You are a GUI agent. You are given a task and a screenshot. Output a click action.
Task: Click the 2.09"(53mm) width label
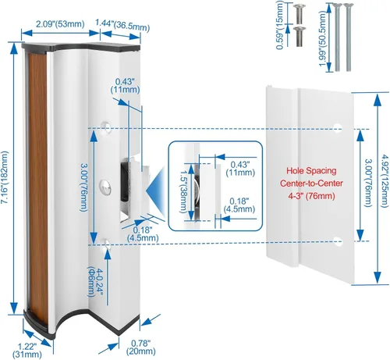pyautogui.click(x=60, y=24)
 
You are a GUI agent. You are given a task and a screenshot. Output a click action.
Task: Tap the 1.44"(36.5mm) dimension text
pyautogui.click(x=122, y=26)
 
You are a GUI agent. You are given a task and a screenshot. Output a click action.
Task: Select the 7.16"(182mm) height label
pyautogui.click(x=5, y=178)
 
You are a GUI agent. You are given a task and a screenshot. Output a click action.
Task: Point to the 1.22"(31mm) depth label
pyautogui.click(x=27, y=350)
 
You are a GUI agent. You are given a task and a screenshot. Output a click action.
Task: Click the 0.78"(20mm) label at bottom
pyautogui.click(x=141, y=348)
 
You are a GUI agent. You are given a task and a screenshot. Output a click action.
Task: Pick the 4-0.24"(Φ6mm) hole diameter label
pyautogui.click(x=96, y=282)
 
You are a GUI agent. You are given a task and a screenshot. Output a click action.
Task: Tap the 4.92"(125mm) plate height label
pyautogui.click(x=385, y=181)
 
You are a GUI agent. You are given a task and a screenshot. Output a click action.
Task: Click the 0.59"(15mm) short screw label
pyautogui.click(x=280, y=25)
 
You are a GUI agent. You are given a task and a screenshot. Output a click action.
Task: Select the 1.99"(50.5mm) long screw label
pyautogui.click(x=322, y=39)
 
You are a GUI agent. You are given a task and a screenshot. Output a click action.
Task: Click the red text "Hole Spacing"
pyautogui.click(x=311, y=171)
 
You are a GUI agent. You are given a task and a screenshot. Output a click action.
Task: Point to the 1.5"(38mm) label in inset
pyautogui.click(x=183, y=191)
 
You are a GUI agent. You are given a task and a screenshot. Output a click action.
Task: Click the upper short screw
pyautogui.click(x=299, y=13)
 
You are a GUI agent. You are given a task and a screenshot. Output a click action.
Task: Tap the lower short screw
pyautogui.click(x=299, y=37)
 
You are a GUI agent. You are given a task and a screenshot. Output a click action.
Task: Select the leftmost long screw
pyautogui.click(x=337, y=37)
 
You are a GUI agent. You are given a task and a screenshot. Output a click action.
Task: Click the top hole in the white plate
pyautogui.click(x=338, y=127)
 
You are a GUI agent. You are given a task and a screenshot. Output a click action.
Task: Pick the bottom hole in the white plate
pyautogui.click(x=338, y=241)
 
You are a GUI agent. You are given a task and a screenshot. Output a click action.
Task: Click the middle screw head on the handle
pyautogui.click(x=105, y=187)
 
